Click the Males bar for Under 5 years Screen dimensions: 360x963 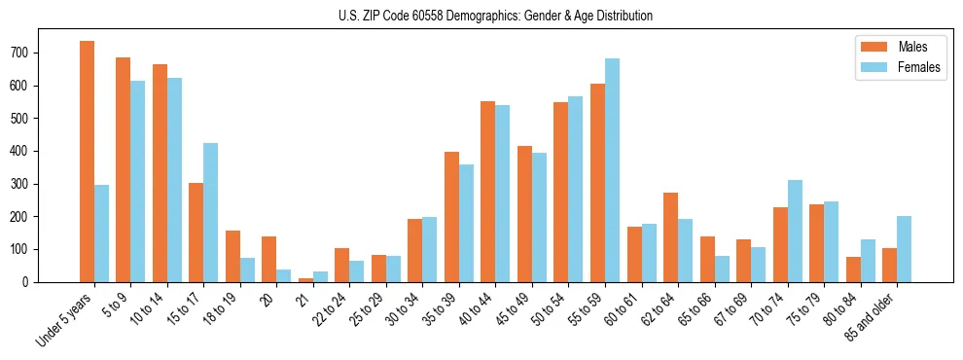coord(87,162)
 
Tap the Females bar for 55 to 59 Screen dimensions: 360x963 coord(612,170)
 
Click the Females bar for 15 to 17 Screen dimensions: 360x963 coord(210,212)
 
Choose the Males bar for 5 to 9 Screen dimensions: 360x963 coord(124,169)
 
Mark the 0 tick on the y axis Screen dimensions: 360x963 coord(33,282)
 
